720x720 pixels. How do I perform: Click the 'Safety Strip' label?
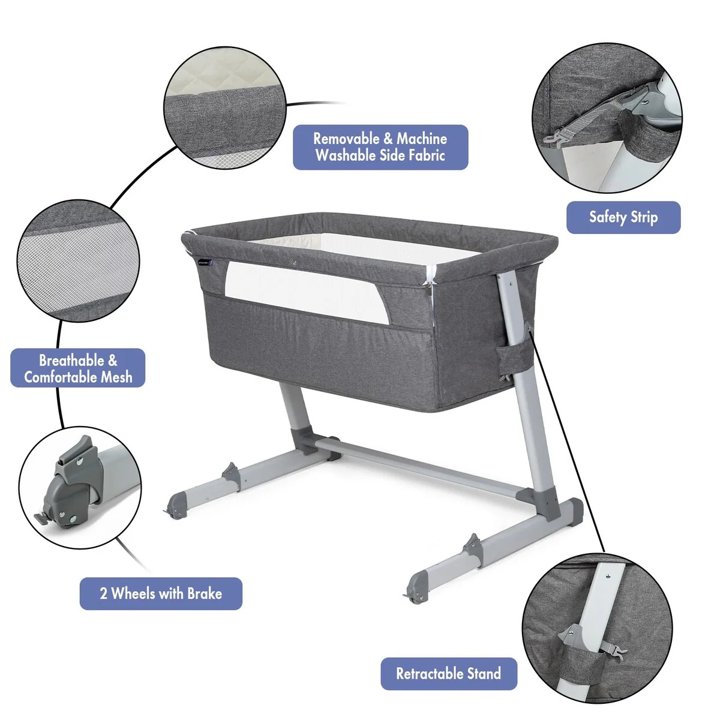point(623,217)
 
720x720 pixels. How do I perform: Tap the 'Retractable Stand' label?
point(449,674)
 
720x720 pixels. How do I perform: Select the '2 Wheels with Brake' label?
point(161,594)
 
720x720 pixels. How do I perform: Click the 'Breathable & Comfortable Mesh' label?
point(78,368)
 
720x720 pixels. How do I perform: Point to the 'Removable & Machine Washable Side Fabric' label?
point(380,147)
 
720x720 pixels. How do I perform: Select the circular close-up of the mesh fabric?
point(78,261)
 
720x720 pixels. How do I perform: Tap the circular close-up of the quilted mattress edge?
point(225,107)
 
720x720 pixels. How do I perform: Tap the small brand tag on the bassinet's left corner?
point(205,263)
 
